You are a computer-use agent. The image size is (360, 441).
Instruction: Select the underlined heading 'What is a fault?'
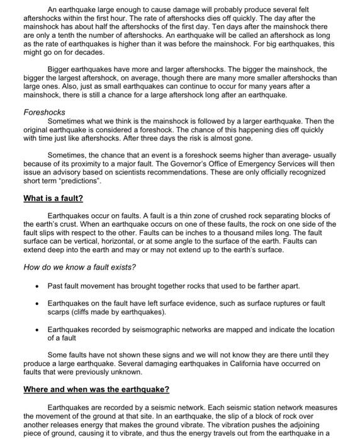(x=53, y=198)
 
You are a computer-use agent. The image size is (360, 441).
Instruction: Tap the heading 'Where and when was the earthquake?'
(x=96, y=389)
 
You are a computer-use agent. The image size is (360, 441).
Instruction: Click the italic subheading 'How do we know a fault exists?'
(x=79, y=267)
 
